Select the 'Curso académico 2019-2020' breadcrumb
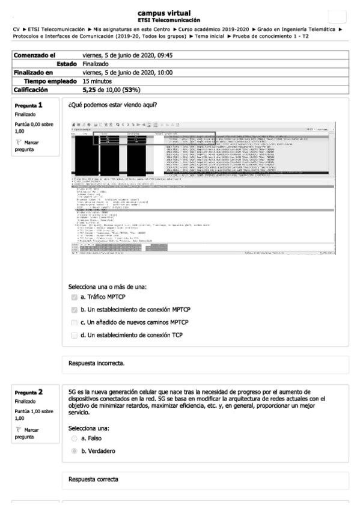[x=215, y=29]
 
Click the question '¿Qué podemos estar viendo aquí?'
[x=113, y=106]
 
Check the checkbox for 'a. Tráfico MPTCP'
[x=74, y=297]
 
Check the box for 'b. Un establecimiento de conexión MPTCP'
[x=74, y=309]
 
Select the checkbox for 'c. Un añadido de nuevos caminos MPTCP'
[x=74, y=322]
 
